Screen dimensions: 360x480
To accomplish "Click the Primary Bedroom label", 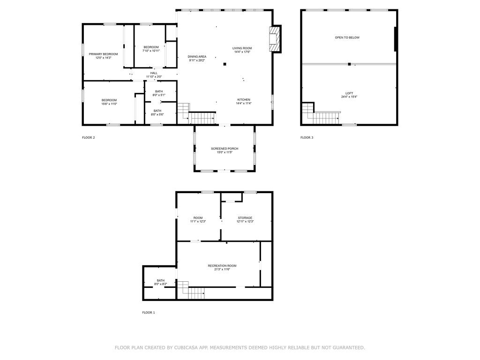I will (103, 54).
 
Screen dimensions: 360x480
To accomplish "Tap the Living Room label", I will (242, 48).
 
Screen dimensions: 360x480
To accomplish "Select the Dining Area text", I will (197, 56).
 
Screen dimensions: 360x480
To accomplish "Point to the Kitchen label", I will (243, 100).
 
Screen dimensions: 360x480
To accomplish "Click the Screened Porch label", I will (225, 149).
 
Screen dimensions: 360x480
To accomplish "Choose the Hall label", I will (154, 73).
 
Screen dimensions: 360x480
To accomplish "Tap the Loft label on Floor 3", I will (349, 93).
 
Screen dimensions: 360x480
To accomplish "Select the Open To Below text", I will (347, 37).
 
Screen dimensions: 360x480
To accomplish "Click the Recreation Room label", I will (222, 266).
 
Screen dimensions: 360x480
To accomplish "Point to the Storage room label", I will (245, 217).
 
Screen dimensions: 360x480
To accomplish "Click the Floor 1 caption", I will (149, 312).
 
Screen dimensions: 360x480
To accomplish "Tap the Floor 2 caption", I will (89, 138).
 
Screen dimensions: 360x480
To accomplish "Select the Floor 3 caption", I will (307, 138).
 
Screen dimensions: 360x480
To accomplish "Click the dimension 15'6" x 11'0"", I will (109, 104).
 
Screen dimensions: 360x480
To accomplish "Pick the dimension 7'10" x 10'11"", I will (151, 51).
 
